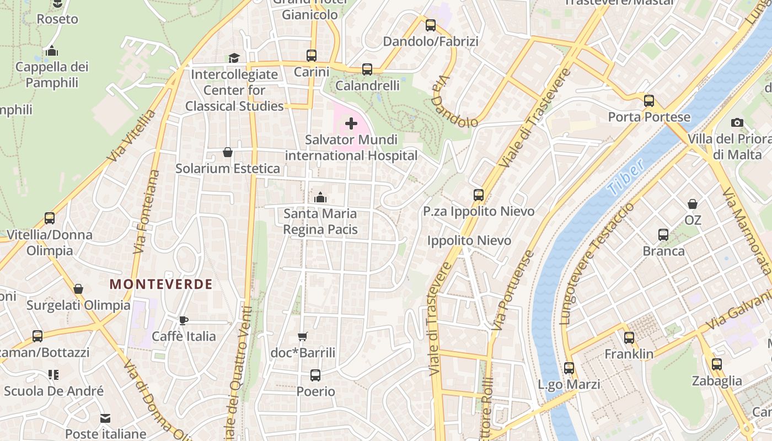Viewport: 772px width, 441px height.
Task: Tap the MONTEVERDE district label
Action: tap(161, 284)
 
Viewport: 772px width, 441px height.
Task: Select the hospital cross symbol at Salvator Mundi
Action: tap(351, 123)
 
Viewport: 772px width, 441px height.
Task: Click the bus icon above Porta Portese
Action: tap(649, 101)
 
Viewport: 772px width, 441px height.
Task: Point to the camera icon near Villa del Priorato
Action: tap(737, 122)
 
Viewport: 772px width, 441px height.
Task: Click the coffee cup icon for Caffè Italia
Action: tap(184, 320)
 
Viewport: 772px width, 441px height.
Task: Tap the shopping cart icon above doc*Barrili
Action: tap(303, 336)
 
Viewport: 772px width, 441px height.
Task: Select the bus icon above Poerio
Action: tap(315, 375)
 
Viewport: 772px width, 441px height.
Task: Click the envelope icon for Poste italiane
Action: tap(105, 418)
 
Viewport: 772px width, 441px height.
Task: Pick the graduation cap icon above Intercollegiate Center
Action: tap(234, 58)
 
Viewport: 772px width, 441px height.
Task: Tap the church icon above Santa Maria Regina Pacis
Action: tap(320, 197)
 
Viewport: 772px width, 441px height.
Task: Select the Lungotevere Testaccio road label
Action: tap(596, 263)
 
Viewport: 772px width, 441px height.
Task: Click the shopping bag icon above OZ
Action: tap(693, 204)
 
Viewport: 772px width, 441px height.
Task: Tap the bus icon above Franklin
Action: tap(629, 338)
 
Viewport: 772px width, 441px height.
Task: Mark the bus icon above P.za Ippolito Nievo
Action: tap(479, 195)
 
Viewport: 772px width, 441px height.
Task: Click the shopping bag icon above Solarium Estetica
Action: tap(227, 152)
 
